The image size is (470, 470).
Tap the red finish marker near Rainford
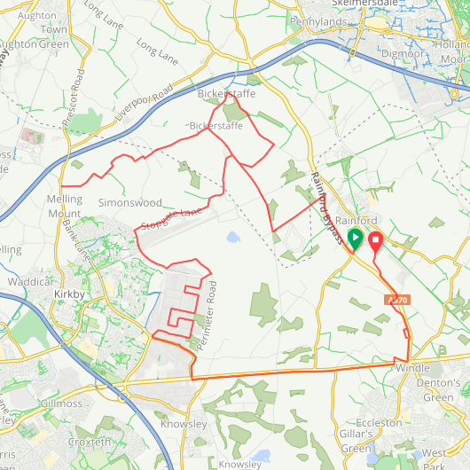pos(374,240)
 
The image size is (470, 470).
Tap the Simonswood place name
pos(129,203)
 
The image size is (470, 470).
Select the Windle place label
pos(411,367)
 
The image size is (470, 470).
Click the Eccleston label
pos(379,424)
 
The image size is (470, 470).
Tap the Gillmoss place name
pos(61,403)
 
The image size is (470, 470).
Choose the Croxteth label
pos(90,442)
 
